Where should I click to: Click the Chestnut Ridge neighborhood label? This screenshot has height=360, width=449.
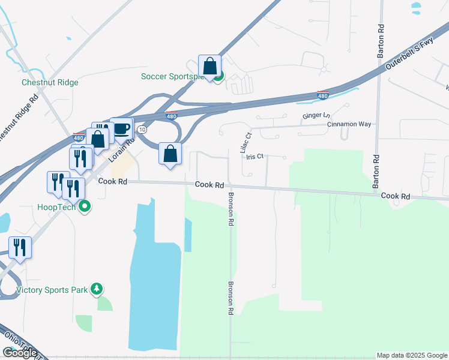click(x=50, y=82)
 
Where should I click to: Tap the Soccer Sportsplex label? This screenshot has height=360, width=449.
click(x=172, y=76)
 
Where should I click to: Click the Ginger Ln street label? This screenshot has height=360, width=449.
click(x=316, y=116)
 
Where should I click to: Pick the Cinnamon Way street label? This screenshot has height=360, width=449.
click(x=349, y=124)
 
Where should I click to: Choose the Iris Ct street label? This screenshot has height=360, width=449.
click(x=255, y=157)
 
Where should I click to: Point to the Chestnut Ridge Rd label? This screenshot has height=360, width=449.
click(x=18, y=120)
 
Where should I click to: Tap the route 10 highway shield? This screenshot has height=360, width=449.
click(x=142, y=129)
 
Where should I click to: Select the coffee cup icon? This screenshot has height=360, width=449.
click(x=121, y=128)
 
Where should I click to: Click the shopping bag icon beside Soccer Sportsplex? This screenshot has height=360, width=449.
click(x=209, y=66)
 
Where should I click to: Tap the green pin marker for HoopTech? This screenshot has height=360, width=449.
click(x=85, y=207)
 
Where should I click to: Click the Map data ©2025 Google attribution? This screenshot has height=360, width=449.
click(x=412, y=355)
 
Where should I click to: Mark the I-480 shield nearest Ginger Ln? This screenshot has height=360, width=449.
click(x=323, y=95)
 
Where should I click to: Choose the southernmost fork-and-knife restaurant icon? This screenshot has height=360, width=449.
click(x=20, y=247)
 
